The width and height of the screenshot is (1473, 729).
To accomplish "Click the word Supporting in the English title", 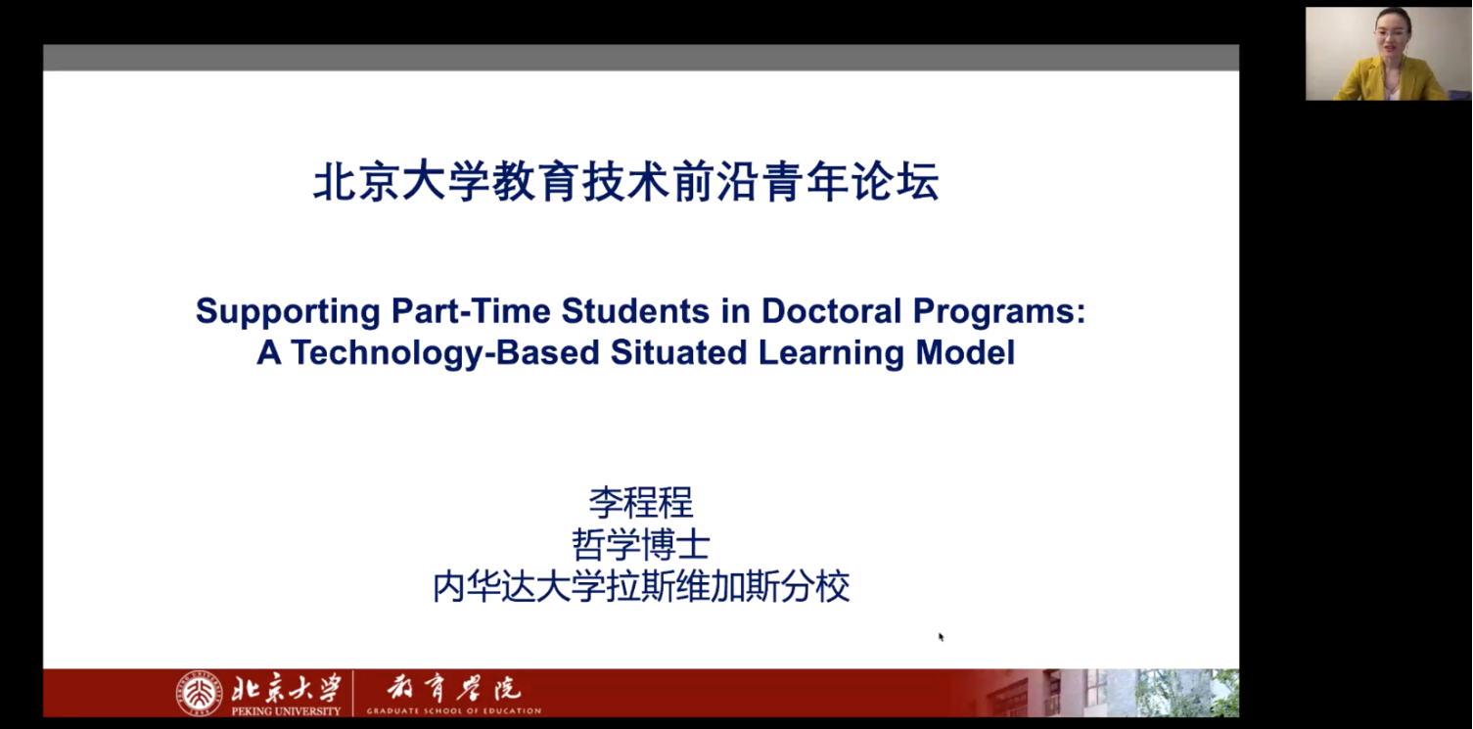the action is (288, 311).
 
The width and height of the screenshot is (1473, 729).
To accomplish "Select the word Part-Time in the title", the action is (470, 310).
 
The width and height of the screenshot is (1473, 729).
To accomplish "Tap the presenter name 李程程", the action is (640, 503).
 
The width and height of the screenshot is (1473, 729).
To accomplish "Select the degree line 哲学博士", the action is (640, 544).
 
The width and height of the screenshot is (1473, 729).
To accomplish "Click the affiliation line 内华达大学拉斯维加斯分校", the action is (640, 586).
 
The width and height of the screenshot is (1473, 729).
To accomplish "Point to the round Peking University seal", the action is (200, 693).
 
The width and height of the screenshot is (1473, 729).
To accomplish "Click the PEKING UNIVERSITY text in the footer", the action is (286, 710).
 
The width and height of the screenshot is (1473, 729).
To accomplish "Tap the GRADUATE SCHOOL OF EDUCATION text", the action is (454, 710).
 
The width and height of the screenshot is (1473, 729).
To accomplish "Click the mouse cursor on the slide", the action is (941, 636).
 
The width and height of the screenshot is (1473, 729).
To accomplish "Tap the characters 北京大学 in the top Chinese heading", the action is (401, 182).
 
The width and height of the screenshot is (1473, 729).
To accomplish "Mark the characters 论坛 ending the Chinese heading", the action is (896, 182).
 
